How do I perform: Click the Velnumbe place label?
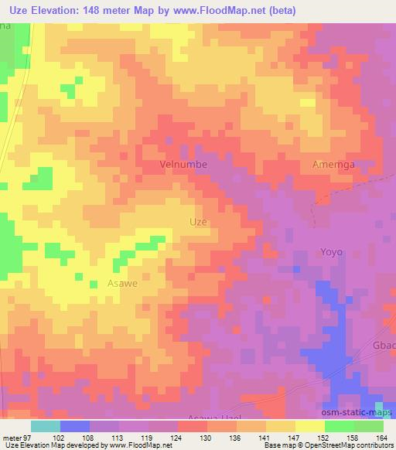coord(183,165)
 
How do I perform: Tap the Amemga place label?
coord(334,165)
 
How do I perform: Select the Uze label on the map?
coord(198,221)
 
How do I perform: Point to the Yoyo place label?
coord(331,252)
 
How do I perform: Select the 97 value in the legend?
coord(27,438)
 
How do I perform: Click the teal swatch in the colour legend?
coord(45,426)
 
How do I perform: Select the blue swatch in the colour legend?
coord(74,426)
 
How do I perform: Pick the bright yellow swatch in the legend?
coord(309,426)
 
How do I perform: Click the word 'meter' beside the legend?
coord(11,438)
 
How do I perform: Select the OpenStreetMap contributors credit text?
coord(351,445)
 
